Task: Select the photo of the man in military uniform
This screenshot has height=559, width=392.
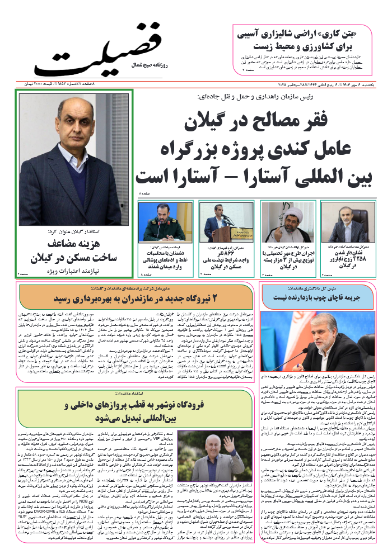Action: [x=164, y=222]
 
